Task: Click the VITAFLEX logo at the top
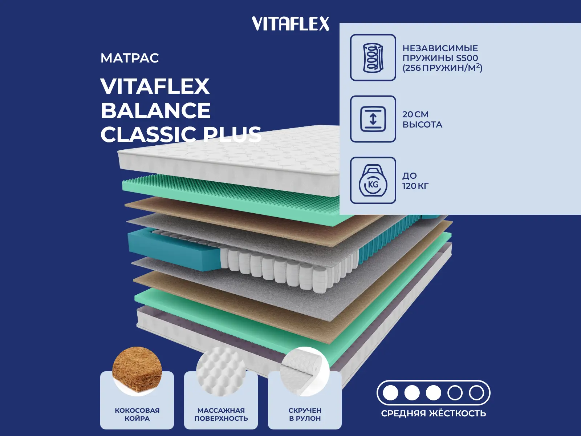point(290,24)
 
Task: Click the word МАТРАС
point(130,58)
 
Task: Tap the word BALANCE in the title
point(155,110)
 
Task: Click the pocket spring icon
point(373,57)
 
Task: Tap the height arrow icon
point(373,119)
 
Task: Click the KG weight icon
point(373,181)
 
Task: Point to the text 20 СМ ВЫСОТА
point(422,120)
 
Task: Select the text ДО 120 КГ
point(415,181)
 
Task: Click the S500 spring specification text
point(442,58)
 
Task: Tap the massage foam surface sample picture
point(221,369)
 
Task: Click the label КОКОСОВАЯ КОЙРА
point(137,414)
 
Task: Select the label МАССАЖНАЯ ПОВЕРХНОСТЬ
point(221,414)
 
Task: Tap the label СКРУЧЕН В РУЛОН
point(305,414)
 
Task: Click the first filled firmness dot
point(391,393)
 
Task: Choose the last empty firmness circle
point(476,393)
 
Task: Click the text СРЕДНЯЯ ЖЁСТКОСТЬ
point(434,413)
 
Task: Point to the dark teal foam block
point(171,251)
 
